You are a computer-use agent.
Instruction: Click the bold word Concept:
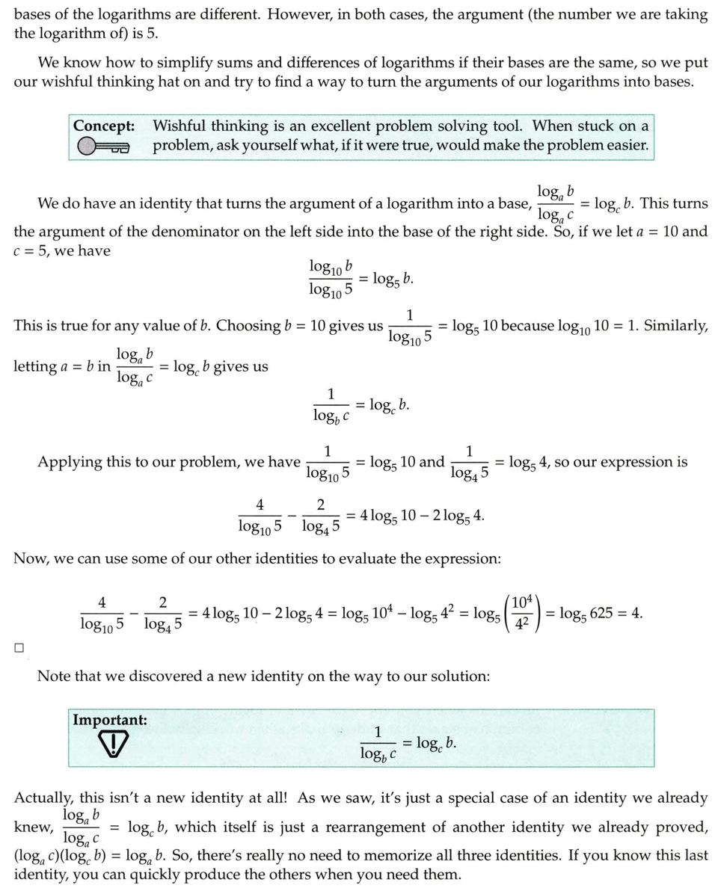coord(104,126)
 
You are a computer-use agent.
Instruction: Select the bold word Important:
coord(110,720)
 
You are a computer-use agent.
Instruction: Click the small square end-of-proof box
coord(19,648)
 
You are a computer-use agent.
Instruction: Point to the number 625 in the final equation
coord(601,614)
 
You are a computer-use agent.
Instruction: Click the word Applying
coord(70,462)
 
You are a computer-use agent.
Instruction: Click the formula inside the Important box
coord(408,744)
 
